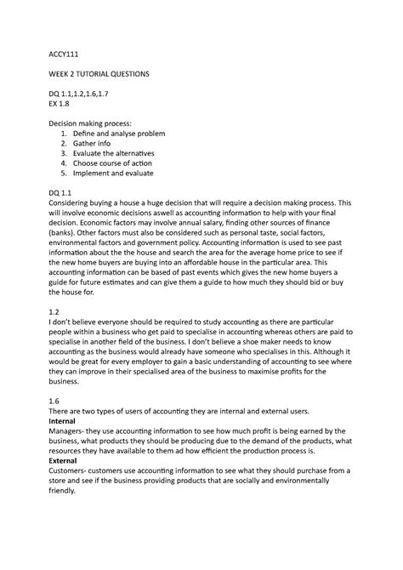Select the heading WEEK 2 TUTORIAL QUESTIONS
99,75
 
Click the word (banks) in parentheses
64,241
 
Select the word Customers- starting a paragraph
75,491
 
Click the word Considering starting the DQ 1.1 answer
75,205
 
